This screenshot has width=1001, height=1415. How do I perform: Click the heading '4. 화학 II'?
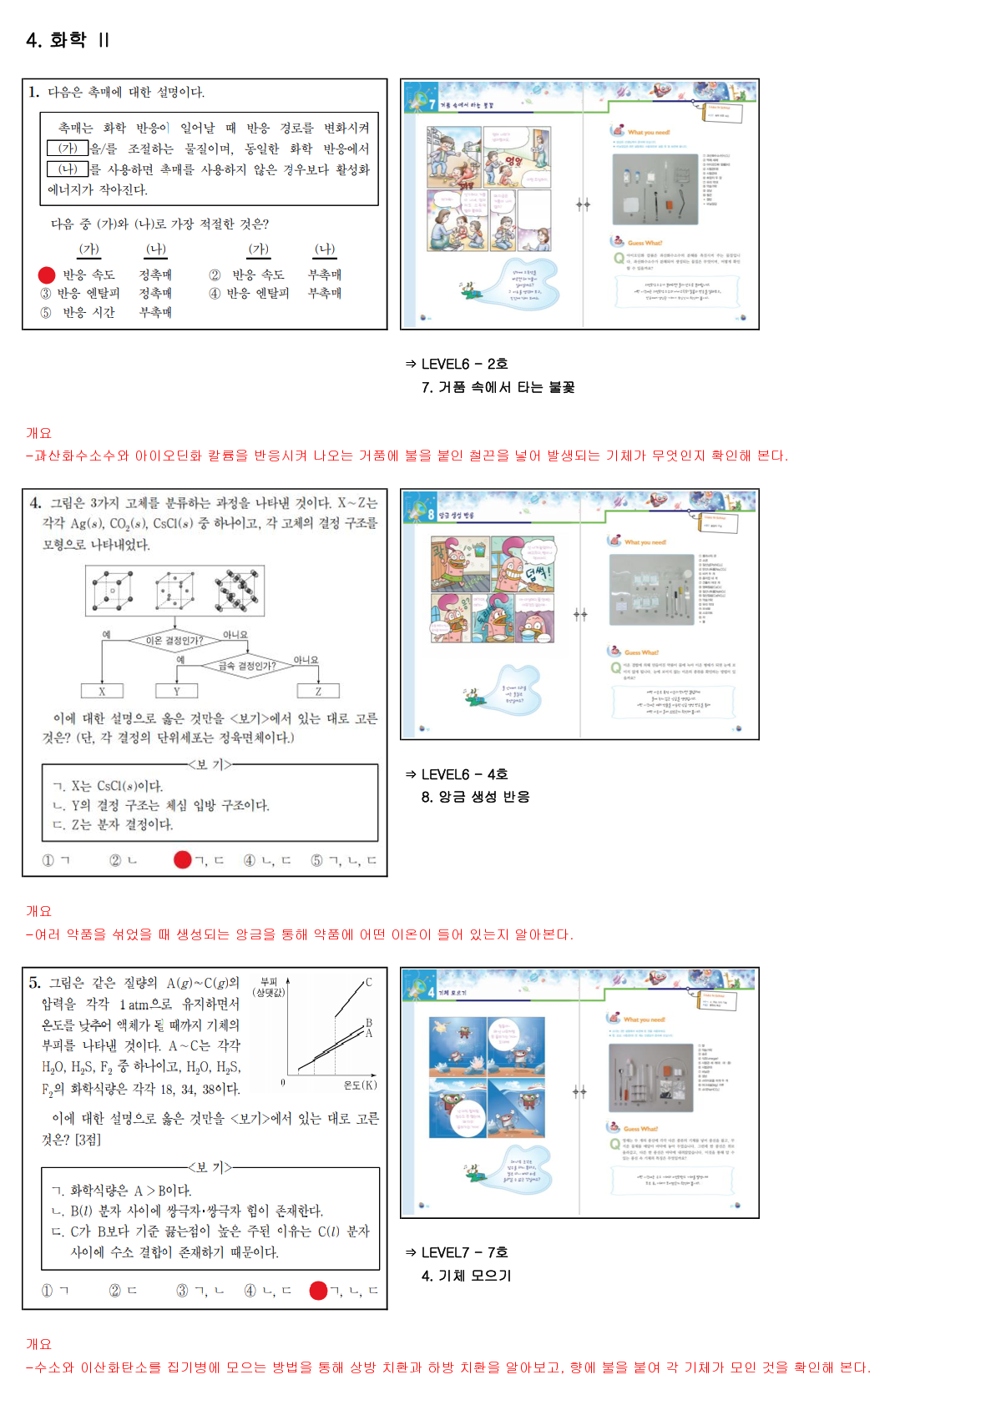pos(68,40)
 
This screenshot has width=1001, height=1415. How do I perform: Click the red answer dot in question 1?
pos(47,274)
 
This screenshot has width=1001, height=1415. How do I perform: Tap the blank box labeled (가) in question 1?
pos(68,149)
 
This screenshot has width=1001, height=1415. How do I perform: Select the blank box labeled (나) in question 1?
pos(68,169)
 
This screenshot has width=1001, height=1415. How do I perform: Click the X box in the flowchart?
pos(102,691)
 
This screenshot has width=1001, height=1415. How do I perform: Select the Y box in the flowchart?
pos(177,691)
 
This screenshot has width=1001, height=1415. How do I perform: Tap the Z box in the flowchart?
pos(318,691)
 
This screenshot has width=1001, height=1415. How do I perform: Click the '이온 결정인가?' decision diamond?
pos(174,641)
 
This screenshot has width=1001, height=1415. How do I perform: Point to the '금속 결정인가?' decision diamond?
pos(247,666)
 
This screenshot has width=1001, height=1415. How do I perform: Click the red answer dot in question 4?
pos(182,859)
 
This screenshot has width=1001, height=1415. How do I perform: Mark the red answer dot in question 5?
pos(318,1291)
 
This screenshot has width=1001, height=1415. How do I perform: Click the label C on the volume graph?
pos(368,982)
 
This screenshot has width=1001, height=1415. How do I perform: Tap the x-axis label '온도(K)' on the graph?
pos(360,1085)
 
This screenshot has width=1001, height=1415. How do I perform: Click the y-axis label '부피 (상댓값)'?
pos(269,987)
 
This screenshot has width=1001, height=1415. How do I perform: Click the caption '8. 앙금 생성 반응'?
pos(475,797)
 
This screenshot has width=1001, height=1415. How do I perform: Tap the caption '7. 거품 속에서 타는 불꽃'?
pos(498,387)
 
